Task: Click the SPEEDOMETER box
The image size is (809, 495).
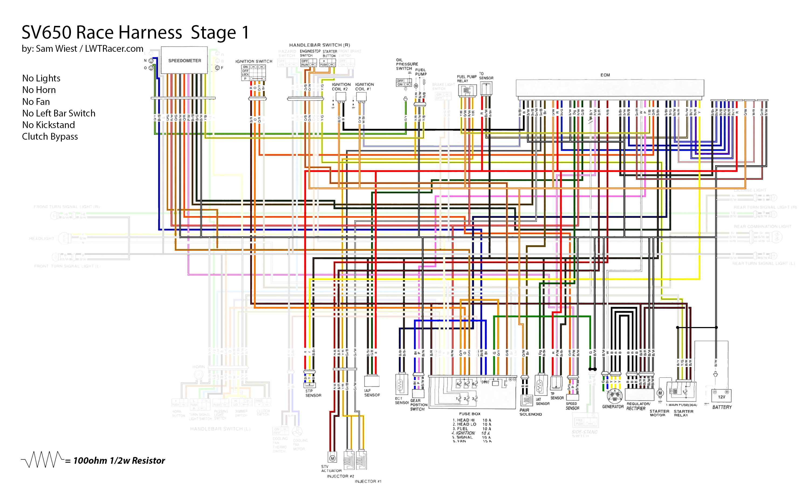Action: pos(184,60)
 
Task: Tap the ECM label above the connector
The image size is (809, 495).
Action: pos(605,75)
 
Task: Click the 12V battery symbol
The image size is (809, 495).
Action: pos(721,395)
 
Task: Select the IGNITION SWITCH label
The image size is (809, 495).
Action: pos(253,61)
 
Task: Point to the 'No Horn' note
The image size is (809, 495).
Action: pos(39,90)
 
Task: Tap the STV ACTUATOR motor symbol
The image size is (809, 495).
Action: pos(332,458)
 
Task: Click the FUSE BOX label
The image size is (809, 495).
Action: pos(469,414)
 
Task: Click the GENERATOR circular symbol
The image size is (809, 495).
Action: pos(614,396)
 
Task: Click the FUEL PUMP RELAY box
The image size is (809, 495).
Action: pos(467,90)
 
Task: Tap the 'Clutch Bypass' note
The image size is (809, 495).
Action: pos(50,136)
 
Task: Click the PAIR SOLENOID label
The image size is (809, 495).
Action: pos(530,412)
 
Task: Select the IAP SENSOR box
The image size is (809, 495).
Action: pos(372,381)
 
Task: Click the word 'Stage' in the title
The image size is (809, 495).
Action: pos(213,33)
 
